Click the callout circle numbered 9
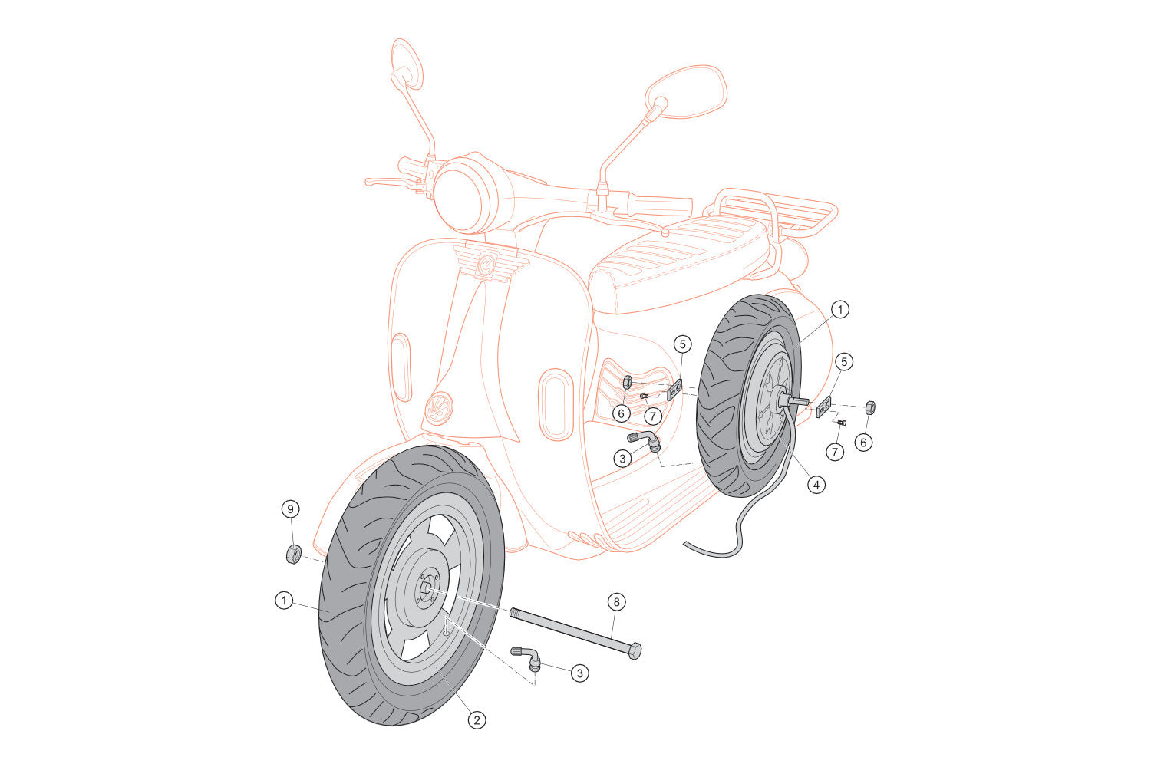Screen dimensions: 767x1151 point(290,509)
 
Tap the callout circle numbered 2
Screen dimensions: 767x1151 point(477,719)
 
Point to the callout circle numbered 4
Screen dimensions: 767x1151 point(816,485)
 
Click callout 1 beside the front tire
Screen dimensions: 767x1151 point(285,601)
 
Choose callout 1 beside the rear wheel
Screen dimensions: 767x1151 point(840,310)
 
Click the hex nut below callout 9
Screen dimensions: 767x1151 point(292,553)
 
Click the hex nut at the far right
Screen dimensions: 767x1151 point(871,407)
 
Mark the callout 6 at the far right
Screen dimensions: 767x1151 point(864,443)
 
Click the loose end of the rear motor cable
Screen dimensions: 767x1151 point(687,545)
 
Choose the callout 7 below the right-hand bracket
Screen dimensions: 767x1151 point(834,453)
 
